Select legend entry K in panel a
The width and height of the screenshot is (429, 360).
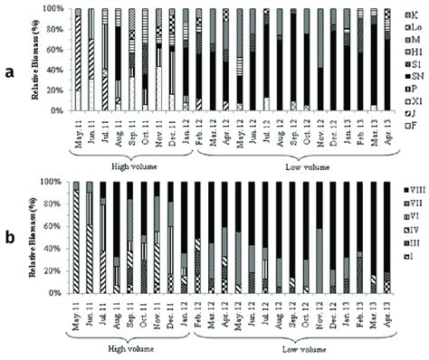[404, 15]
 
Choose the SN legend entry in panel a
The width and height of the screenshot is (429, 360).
[404, 77]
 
